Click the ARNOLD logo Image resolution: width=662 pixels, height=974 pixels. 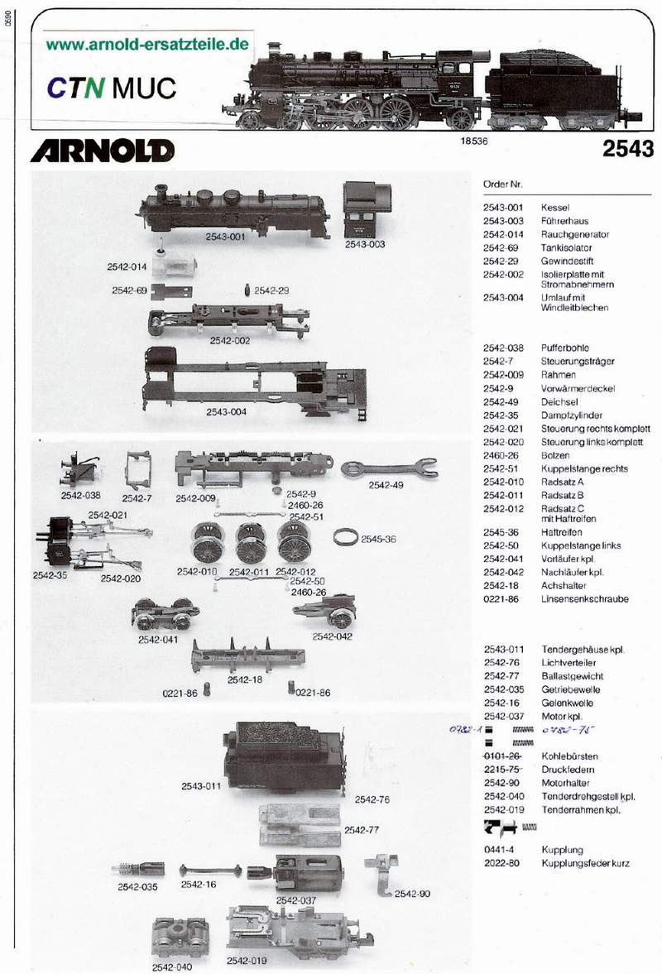pyautogui.click(x=103, y=150)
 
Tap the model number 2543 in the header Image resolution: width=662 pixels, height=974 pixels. pyautogui.click(x=628, y=148)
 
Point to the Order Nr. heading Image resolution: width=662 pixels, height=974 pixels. pyautogui.click(x=503, y=183)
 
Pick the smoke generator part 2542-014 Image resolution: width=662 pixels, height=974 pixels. pyautogui.click(x=177, y=266)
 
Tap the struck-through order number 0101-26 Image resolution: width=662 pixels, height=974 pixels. pyautogui.click(x=502, y=756)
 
